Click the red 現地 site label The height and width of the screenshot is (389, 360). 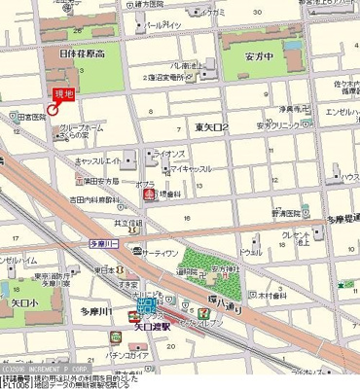pos(62,92)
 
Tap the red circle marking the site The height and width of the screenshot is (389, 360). pos(53,108)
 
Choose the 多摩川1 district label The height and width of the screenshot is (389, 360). pos(95,311)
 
